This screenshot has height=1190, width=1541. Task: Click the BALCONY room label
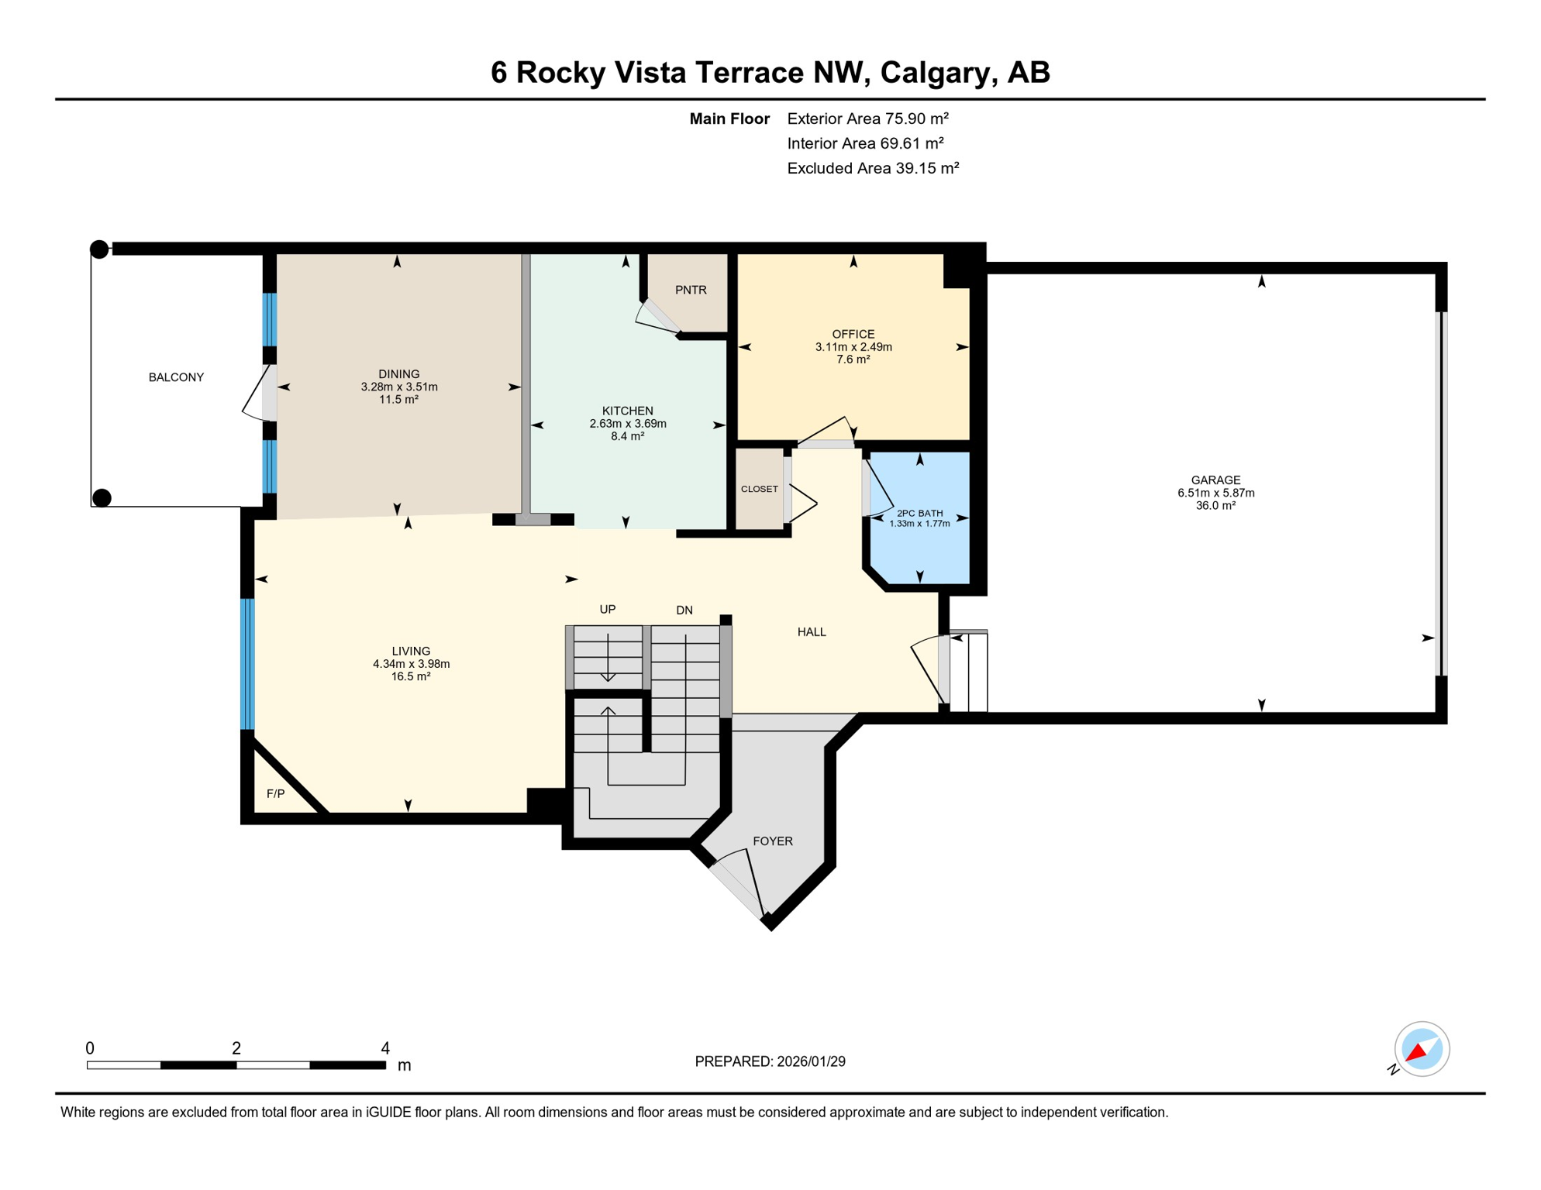pyautogui.click(x=176, y=377)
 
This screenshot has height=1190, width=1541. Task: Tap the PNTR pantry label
pyautogui.click(x=690, y=290)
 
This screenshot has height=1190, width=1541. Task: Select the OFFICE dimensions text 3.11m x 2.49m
pyautogui.click(x=853, y=347)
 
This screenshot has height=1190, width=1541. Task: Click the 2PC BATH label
pyautogui.click(x=919, y=513)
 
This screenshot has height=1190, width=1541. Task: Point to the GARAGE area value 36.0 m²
pyautogui.click(x=1215, y=505)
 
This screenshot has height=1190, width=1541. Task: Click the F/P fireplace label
pyautogui.click(x=275, y=793)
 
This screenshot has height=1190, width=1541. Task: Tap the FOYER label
pyautogui.click(x=772, y=841)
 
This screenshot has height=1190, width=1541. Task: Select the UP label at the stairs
pyautogui.click(x=607, y=610)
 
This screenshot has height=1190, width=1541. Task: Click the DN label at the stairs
pyautogui.click(x=684, y=610)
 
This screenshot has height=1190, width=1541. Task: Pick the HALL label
pyautogui.click(x=811, y=632)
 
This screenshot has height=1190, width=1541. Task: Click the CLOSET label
pyautogui.click(x=759, y=489)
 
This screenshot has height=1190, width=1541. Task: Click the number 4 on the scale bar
pyautogui.click(x=385, y=1048)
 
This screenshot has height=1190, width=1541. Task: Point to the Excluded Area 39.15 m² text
pyautogui.click(x=873, y=168)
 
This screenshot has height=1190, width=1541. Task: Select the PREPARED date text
pyautogui.click(x=769, y=1061)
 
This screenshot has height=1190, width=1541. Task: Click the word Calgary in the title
pyautogui.click(x=935, y=72)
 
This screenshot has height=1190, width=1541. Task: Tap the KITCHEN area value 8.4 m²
pyautogui.click(x=627, y=436)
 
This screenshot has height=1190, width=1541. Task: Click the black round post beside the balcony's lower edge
pyautogui.click(x=102, y=497)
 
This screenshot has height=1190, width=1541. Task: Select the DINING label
pyautogui.click(x=398, y=374)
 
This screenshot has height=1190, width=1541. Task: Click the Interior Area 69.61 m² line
pyautogui.click(x=865, y=143)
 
